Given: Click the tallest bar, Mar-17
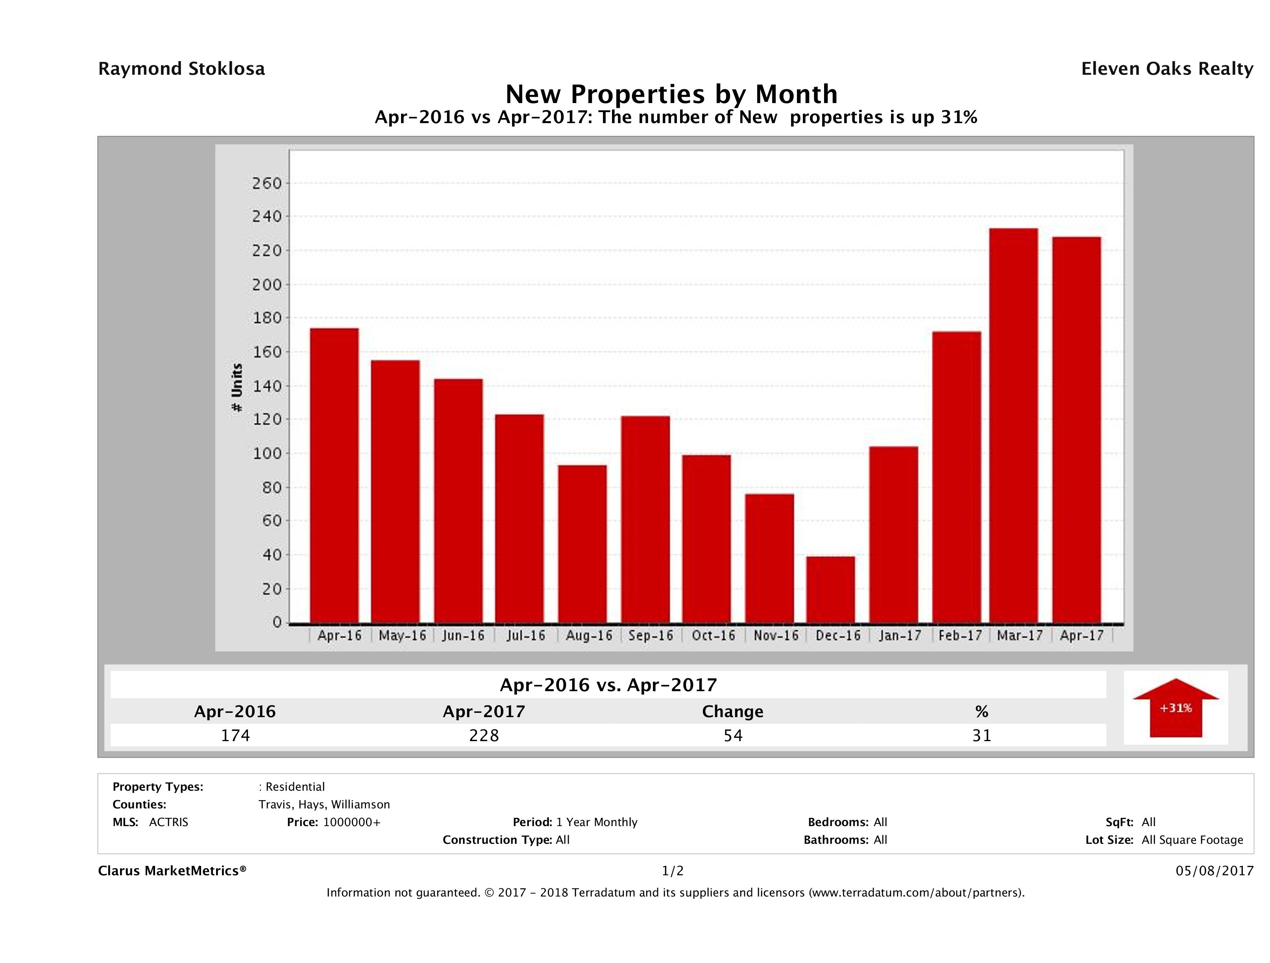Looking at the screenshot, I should pos(1013,425).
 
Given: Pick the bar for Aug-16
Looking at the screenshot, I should pos(582,544).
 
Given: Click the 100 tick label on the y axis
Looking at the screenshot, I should pos(267,454).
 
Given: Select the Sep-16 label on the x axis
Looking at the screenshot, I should pos(651,636).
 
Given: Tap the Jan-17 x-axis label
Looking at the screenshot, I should pos(900,636).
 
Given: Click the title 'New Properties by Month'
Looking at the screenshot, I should pos(671,94).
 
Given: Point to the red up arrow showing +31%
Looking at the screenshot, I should pos(1175,708).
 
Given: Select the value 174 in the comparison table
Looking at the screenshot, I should pos(235,736).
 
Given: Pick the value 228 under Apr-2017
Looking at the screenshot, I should pos(484,736).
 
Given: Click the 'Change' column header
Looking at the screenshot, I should pos(733,712).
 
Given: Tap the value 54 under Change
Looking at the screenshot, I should pos(733,736).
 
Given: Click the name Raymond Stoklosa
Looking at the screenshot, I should pos(181,69).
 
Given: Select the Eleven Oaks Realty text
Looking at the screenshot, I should pos(1166,69).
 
